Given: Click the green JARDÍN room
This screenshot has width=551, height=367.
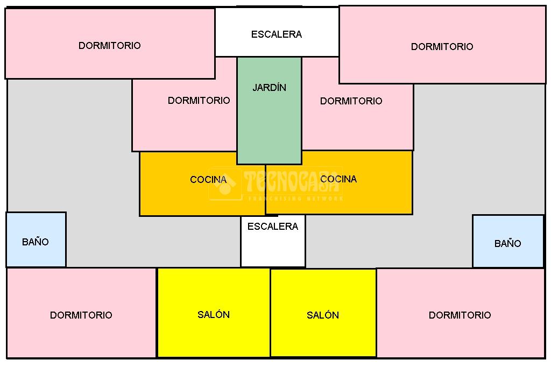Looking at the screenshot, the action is [x=269, y=124].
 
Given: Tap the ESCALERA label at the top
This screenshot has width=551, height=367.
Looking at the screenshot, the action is [x=277, y=34].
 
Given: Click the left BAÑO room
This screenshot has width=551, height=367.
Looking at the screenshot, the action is [x=36, y=239].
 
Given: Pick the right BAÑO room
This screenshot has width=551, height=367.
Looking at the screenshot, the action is [x=508, y=241].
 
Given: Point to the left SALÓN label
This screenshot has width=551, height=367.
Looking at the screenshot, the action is [x=214, y=315].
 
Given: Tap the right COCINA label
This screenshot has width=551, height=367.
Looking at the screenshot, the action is [x=338, y=179].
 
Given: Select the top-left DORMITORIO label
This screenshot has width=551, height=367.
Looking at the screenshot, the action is [x=110, y=46].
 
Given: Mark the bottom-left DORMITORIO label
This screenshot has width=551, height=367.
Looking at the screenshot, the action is [x=81, y=315].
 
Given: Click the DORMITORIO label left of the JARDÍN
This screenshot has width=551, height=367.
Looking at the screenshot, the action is [x=199, y=101].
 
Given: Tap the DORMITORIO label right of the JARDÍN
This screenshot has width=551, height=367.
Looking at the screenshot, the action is [x=351, y=101].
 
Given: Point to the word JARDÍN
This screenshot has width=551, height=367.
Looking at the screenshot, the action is [x=269, y=88].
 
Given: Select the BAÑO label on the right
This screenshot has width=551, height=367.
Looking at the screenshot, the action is [x=508, y=244].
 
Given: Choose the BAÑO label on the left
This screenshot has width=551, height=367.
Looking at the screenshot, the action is [x=36, y=242].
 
